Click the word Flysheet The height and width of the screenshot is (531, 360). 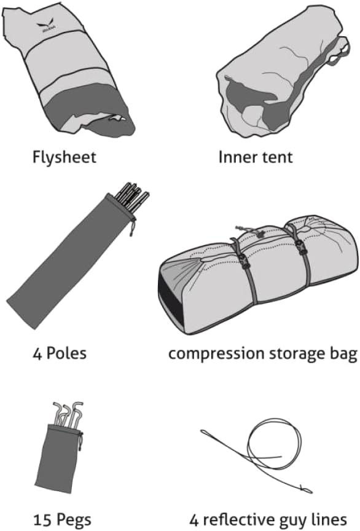[64, 157]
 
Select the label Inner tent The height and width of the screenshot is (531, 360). [256, 157]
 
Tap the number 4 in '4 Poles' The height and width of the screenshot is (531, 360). [37, 353]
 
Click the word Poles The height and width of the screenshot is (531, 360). [66, 353]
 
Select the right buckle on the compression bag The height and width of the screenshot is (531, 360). [299, 245]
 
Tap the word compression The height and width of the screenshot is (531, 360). [216, 354]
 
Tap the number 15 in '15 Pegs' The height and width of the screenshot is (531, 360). [42, 519]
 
